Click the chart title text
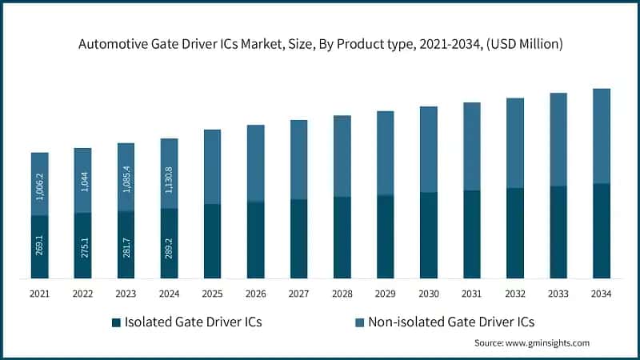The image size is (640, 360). point(320,45)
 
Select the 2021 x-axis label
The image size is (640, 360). point(39,294)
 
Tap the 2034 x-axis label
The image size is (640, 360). point(601,294)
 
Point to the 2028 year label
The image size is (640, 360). point(342,294)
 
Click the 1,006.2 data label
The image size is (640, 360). point(39,184)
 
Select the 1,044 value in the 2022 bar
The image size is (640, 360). point(82,182)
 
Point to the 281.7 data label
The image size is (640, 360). point(126,246)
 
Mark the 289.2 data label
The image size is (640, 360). point(169,244)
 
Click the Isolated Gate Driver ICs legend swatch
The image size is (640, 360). point(116,322)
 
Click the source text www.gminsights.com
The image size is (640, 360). point(531,343)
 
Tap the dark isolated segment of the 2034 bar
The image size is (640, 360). point(601,231)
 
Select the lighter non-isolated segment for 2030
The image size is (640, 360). point(428,150)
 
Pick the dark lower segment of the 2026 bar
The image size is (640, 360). point(255,240)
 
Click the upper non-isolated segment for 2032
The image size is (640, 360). point(514,143)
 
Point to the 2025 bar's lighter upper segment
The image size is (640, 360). point(212,166)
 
